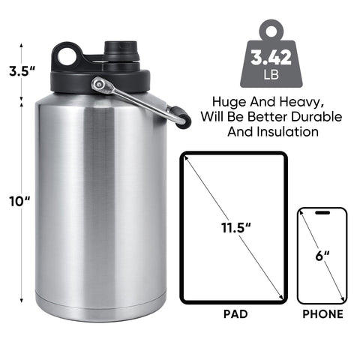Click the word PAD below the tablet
pos(233,314)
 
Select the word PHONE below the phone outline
pos(322,314)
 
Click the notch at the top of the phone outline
pos(322,213)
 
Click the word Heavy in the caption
pos(299,100)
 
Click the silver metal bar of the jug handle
pos(139,100)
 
